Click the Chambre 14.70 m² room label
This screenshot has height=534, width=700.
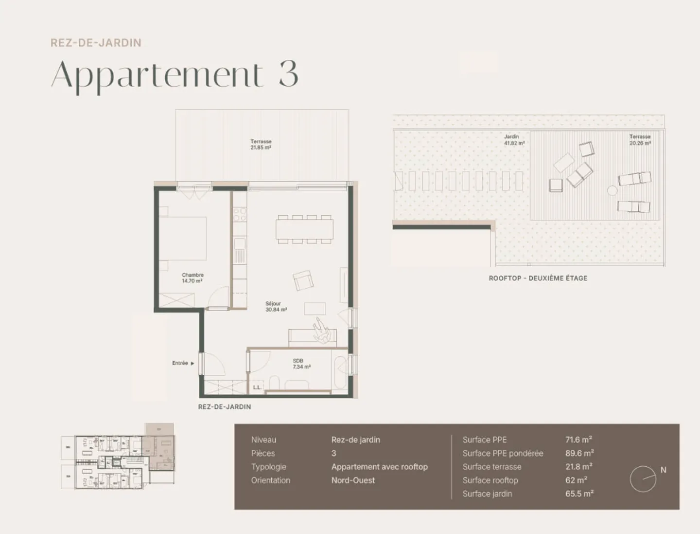tap(192, 278)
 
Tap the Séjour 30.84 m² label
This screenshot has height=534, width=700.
tap(276, 306)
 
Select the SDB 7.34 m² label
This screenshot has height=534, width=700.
tap(301, 364)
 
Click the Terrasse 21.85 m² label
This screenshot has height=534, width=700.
tap(261, 145)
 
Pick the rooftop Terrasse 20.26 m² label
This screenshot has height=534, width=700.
tap(640, 140)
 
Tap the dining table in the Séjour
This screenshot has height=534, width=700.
tap(305, 229)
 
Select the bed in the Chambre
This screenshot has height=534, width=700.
tap(183, 239)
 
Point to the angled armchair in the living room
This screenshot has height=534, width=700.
tap(303, 280)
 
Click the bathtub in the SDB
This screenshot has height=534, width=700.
tap(339, 374)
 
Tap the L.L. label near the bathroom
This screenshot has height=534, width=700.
tap(257, 387)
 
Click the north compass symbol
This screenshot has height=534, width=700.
tap(643, 479)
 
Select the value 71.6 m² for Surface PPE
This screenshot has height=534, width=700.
tap(578, 440)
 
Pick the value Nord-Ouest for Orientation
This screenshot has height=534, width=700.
tap(353, 480)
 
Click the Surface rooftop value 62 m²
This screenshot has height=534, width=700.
tap(576, 480)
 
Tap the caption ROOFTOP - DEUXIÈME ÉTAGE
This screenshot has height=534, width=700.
tap(538, 278)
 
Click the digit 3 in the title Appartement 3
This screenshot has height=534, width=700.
tap(288, 74)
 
